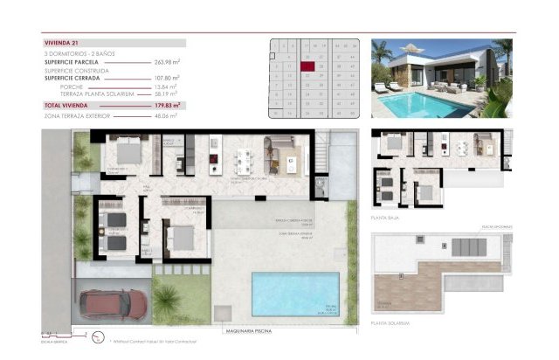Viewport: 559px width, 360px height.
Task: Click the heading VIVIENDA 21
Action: click(61, 42)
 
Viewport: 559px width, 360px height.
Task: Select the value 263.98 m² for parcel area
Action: click(166, 62)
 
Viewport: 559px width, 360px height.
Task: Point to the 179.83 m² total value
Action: click(166, 105)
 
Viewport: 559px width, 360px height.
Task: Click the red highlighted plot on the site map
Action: click(307, 64)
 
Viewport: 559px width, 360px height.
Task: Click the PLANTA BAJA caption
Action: click(385, 218)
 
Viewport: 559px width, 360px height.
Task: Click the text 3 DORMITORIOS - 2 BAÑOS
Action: click(80, 54)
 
